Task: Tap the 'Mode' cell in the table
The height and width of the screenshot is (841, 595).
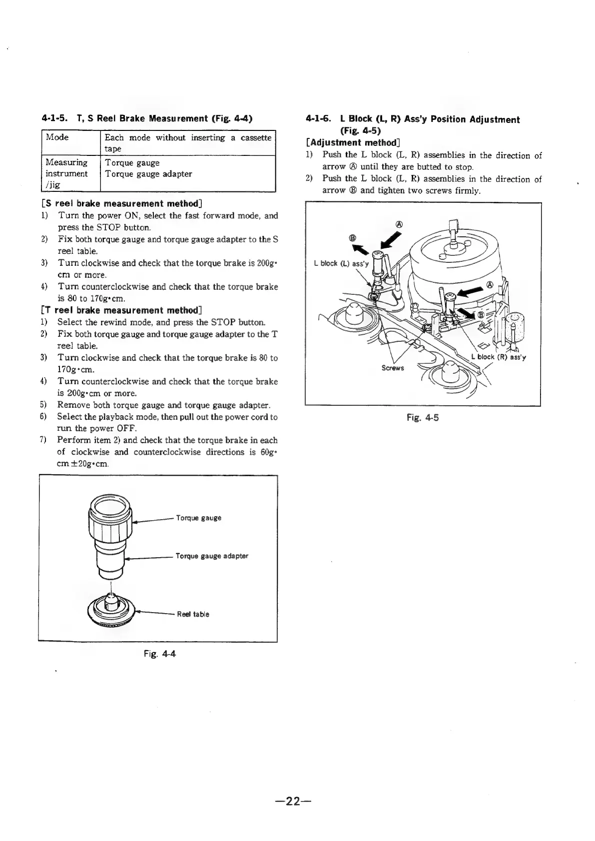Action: tap(57, 137)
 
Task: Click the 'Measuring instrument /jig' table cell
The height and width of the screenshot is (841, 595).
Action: tap(66, 173)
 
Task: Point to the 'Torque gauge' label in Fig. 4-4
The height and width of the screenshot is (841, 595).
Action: tap(198, 518)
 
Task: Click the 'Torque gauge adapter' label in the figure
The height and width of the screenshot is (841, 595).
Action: tap(211, 556)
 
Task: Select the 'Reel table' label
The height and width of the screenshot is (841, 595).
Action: tap(193, 614)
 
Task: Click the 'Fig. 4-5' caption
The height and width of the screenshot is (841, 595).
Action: tap(423, 417)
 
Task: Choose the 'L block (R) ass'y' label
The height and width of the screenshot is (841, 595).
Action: tap(499, 357)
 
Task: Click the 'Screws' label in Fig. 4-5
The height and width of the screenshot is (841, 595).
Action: tap(392, 368)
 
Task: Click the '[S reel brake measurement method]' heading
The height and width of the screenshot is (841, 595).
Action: tap(121, 203)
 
